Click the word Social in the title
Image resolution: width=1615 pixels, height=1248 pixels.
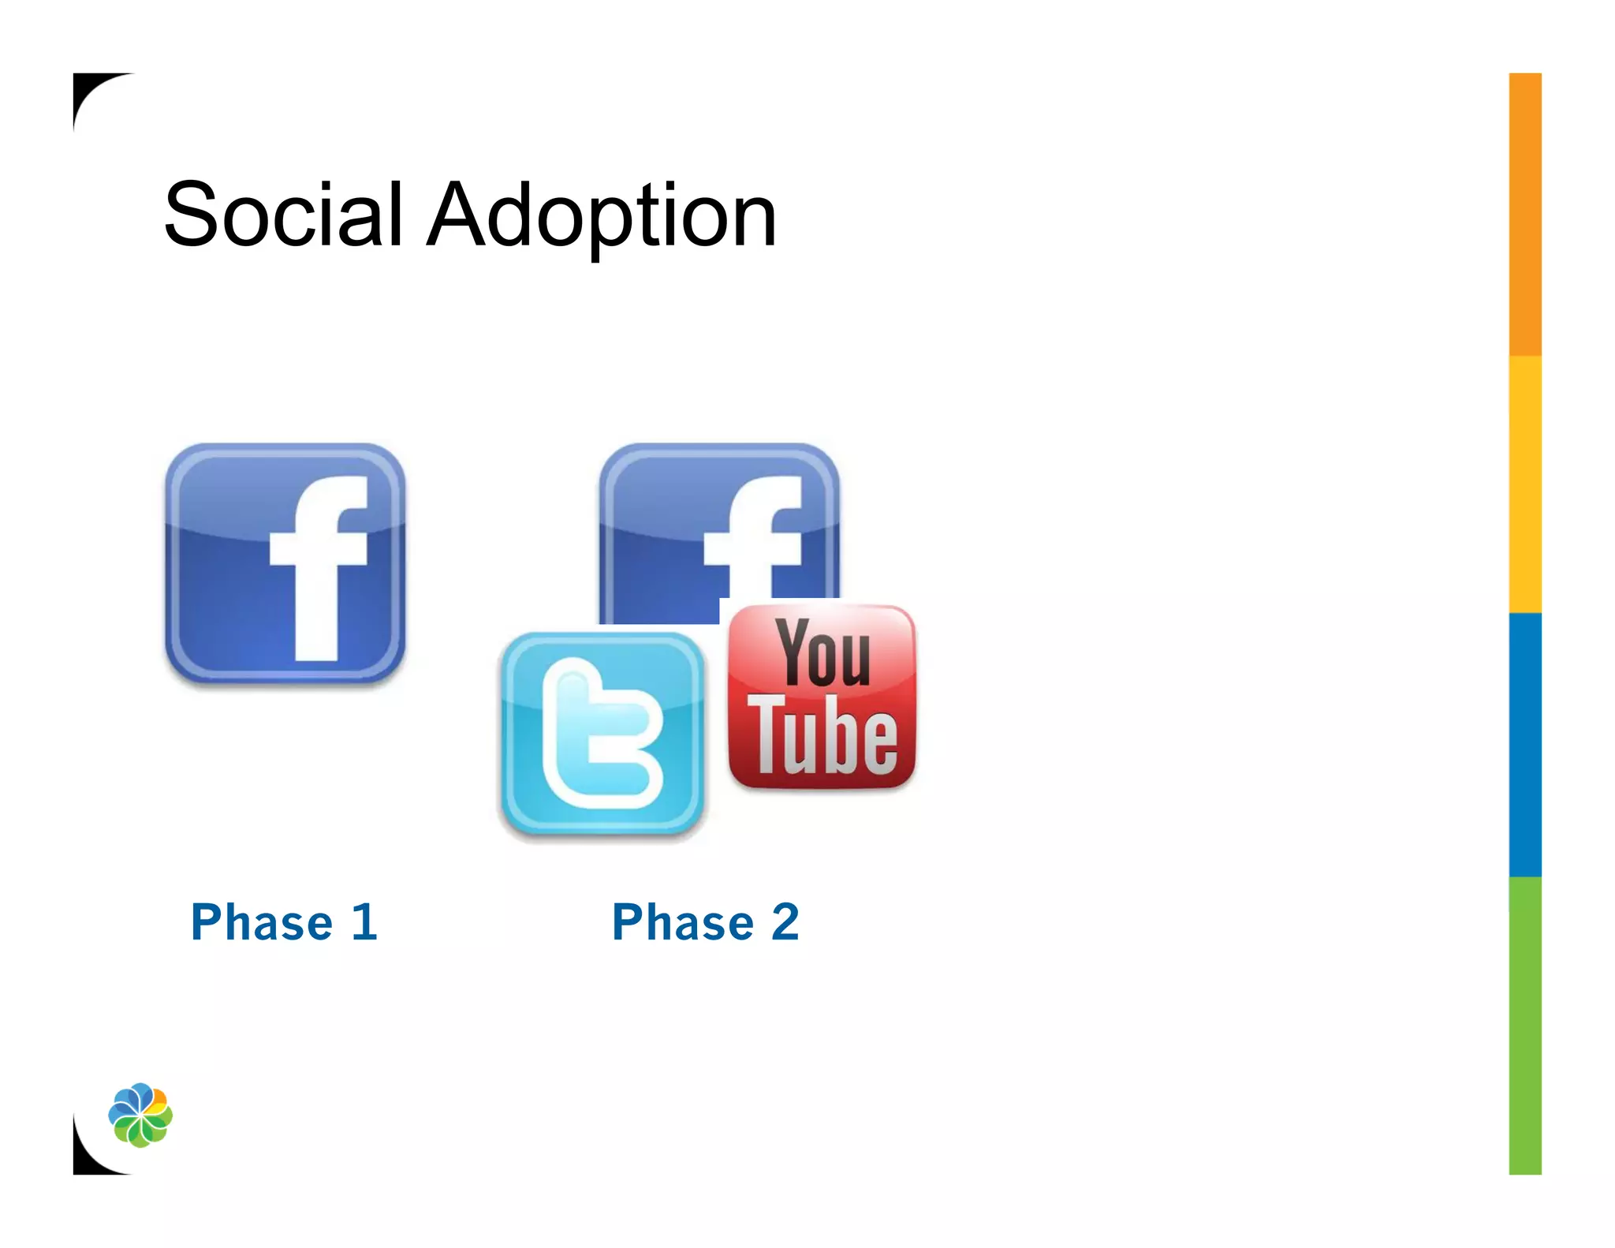point(283,214)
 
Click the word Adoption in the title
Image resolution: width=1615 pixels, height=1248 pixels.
point(602,215)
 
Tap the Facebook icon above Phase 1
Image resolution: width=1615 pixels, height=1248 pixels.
point(285,563)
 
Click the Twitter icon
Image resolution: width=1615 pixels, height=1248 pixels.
point(602,733)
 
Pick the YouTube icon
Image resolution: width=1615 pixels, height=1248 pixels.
point(822,696)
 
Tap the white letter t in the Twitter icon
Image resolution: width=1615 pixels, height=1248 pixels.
point(599,734)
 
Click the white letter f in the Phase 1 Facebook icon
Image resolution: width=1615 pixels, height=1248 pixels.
point(319,568)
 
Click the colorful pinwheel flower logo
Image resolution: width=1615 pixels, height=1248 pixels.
point(140,1115)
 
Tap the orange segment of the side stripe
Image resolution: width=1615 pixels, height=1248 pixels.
point(1525,213)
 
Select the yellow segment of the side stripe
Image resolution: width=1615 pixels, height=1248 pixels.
point(1525,484)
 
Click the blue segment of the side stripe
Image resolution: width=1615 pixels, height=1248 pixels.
point(1525,744)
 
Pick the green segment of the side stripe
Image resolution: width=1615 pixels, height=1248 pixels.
point(1525,1026)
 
